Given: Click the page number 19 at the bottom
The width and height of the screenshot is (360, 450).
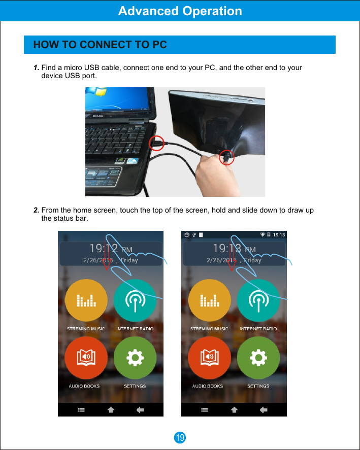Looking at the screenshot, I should (180, 437).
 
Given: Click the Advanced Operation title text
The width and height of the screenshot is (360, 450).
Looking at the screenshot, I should (180, 11).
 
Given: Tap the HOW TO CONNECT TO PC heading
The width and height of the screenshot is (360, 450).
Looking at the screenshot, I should (100, 45).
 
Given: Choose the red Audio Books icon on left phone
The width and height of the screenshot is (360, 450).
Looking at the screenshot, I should (86, 358).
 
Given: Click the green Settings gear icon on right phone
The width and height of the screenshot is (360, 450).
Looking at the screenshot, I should (258, 358).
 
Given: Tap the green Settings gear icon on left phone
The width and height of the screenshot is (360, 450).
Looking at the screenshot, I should (135, 358).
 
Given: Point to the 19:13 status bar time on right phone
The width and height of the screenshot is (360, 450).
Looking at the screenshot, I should (279, 235).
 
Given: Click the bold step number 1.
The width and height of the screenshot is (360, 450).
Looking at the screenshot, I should (36, 68).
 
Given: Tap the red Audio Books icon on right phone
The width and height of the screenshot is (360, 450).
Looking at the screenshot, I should (209, 358).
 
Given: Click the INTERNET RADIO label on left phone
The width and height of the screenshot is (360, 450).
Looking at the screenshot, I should (135, 329).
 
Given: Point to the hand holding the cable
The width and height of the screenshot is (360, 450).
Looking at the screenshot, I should (216, 175).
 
